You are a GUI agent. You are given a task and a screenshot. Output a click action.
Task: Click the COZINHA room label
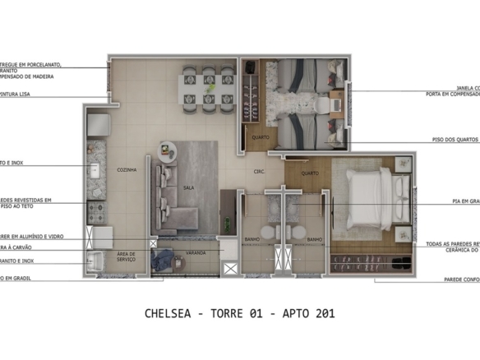[x=126, y=168]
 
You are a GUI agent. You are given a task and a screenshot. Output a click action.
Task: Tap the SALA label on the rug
[x=187, y=187]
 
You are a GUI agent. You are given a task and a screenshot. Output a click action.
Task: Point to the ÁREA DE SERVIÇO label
[x=126, y=256]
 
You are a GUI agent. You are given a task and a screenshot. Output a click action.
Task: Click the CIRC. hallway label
[x=257, y=172]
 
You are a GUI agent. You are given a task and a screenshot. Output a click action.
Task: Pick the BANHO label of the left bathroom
[x=252, y=239]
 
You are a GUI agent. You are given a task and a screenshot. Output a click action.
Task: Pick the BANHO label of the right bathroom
[x=314, y=239]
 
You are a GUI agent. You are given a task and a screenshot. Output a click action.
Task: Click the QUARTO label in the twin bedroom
[x=260, y=137]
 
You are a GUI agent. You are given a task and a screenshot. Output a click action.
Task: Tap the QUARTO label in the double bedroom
[x=310, y=173]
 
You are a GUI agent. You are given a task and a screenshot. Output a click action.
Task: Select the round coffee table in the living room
[x=167, y=150]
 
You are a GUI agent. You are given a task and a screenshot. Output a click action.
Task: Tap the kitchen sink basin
[x=95, y=171]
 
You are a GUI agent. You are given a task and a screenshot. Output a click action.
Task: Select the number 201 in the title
[x=323, y=313]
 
